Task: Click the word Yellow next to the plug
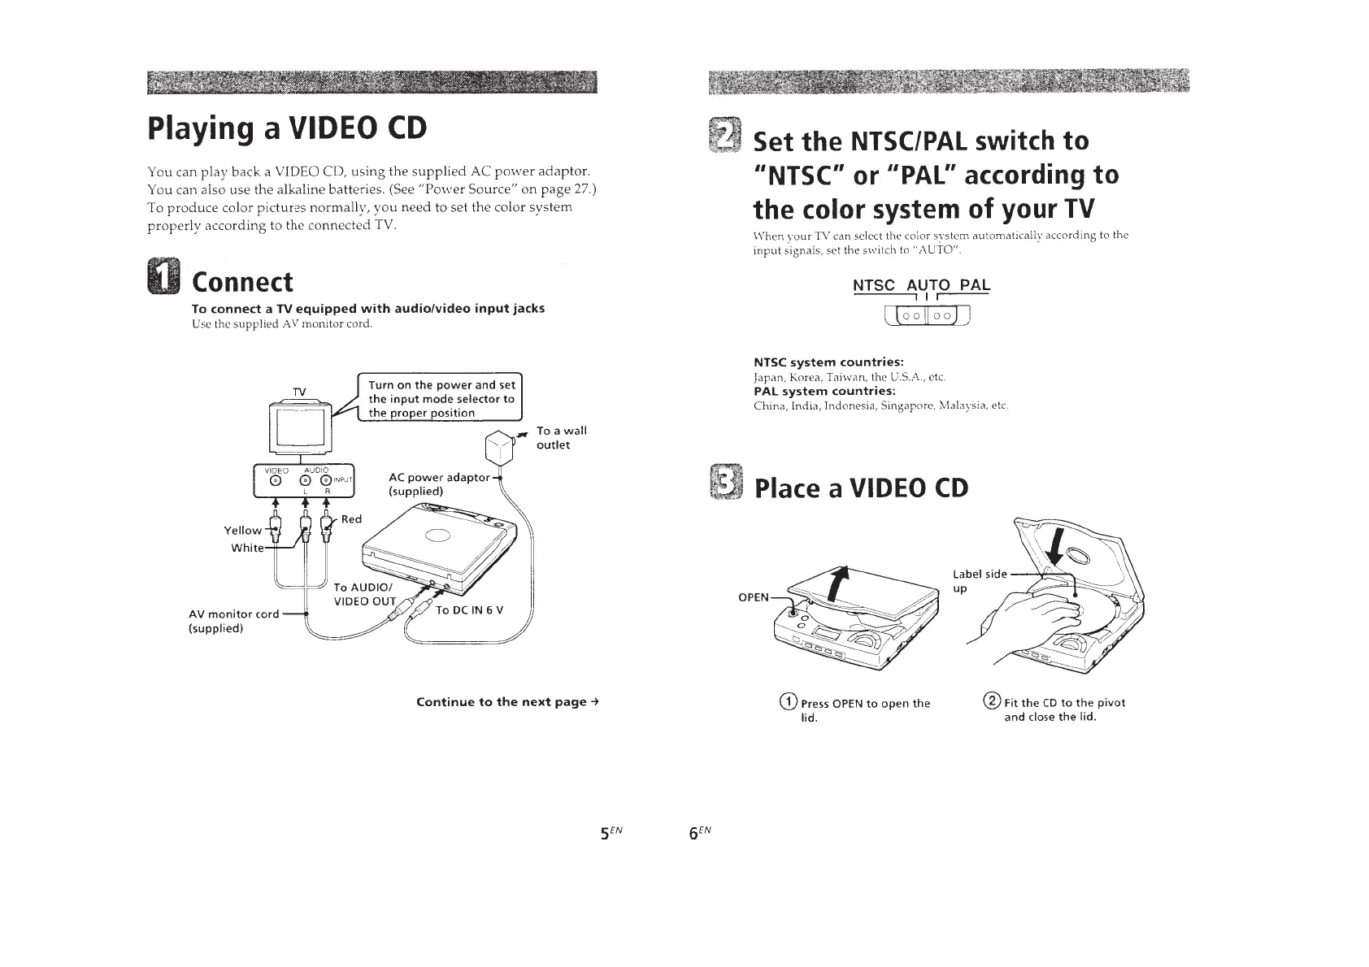pos(242,531)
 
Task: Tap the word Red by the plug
pos(351,519)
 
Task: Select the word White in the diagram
pos(247,548)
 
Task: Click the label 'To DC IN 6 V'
pos(470,610)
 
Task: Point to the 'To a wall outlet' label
pos(561,438)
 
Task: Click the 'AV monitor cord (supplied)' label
pos(233,621)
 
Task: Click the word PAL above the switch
pos(975,285)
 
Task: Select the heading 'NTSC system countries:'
pos(828,362)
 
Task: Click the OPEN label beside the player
pos(753,597)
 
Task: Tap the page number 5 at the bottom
pos(605,833)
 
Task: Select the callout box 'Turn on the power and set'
pos(441,398)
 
